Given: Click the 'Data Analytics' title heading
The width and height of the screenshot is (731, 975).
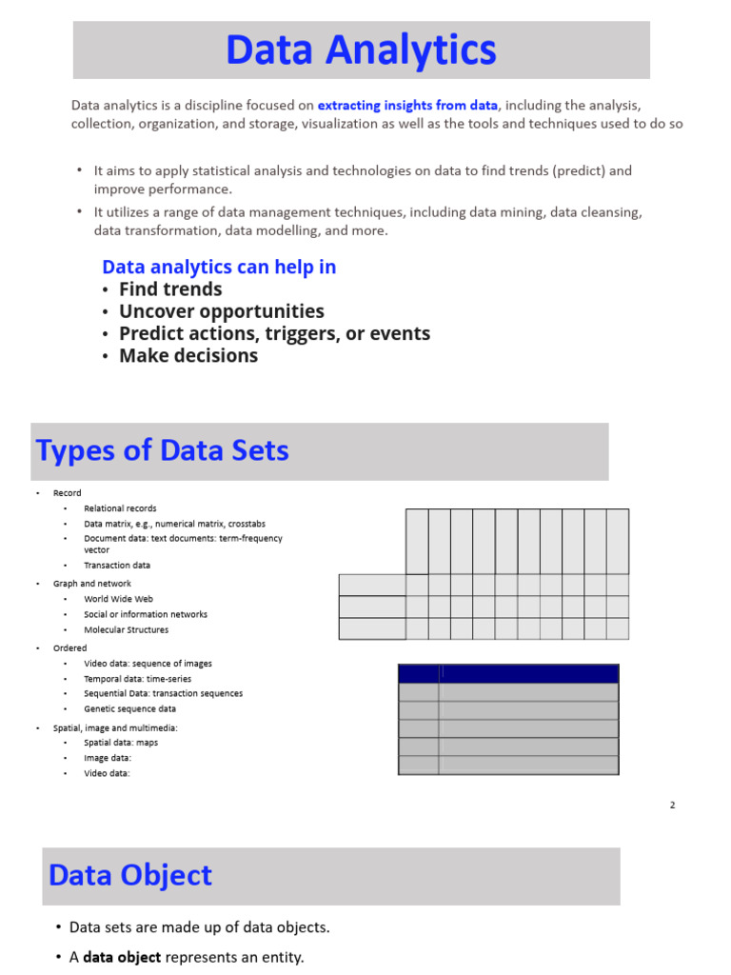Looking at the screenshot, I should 361,50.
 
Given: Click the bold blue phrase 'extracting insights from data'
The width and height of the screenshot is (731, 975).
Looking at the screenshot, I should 407,106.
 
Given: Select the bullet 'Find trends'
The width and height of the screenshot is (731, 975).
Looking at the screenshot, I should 169,289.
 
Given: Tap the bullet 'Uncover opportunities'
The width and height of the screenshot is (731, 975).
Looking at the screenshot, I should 221,311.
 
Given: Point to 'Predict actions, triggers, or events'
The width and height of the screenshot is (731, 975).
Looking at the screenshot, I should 274,333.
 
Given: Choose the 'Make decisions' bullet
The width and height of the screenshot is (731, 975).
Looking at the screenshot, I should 188,355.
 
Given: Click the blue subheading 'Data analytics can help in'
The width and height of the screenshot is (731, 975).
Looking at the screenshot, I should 219,268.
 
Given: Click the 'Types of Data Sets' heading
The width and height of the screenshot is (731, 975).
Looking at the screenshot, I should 162,450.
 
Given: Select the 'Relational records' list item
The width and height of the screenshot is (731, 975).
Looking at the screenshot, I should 120,508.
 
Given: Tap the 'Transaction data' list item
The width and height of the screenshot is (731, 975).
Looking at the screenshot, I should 117,566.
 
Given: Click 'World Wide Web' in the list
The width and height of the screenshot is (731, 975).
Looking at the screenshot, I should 118,599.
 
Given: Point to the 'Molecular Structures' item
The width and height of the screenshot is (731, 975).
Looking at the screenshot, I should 126,629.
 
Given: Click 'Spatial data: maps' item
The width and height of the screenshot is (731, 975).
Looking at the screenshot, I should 121,743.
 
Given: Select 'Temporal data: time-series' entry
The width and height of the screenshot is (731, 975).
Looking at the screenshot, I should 137,679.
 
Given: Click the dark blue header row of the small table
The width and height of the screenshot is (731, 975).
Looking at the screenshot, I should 508,674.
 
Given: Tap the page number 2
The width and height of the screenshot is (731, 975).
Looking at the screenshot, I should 672,806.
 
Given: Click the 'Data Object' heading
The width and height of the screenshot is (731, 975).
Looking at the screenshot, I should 130,875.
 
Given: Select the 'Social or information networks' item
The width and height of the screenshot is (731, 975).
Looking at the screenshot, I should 145,614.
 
